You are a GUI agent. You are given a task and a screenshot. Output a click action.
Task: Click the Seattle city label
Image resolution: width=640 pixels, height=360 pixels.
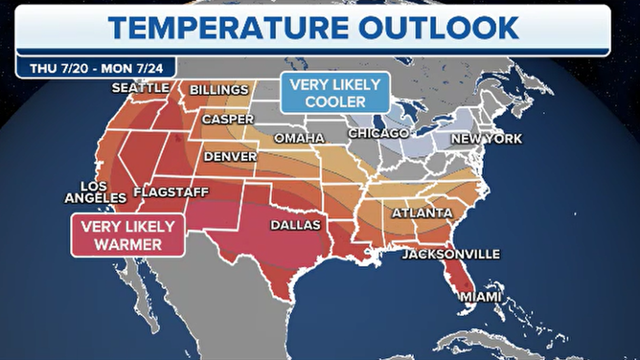[139, 87]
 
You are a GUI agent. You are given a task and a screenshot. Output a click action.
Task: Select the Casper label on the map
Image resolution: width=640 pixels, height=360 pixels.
[227, 120]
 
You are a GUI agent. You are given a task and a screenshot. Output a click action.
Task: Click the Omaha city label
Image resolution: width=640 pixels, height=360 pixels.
[299, 138]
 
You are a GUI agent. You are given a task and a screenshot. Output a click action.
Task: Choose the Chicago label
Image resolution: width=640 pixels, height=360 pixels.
[377, 131]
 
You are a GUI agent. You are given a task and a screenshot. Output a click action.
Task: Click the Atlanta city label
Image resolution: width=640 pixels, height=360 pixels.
[422, 212]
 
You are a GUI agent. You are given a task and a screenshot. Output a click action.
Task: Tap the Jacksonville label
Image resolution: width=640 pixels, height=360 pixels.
[450, 254]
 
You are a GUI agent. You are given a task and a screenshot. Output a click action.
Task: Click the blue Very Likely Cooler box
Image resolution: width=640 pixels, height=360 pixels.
[334, 93]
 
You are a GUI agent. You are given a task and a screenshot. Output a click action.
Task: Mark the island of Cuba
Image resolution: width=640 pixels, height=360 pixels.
[479, 334]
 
